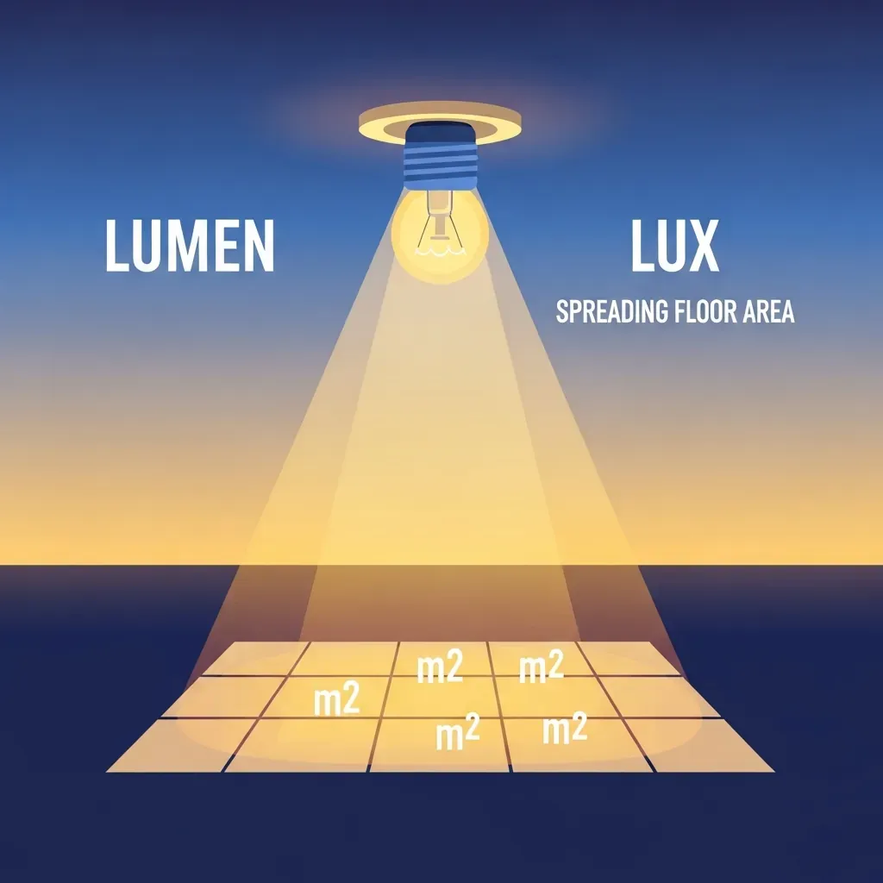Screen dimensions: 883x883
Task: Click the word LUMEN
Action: [190, 246]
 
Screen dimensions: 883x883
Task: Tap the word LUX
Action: [674, 246]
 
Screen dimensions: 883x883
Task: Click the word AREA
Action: [768, 311]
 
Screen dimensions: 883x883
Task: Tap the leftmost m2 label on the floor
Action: [337, 701]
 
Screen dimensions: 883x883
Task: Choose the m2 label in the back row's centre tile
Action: [440, 667]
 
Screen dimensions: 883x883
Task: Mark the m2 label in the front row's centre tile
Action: [458, 732]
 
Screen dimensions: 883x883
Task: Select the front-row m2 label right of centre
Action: [565, 729]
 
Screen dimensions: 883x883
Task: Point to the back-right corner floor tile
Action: [628, 658]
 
